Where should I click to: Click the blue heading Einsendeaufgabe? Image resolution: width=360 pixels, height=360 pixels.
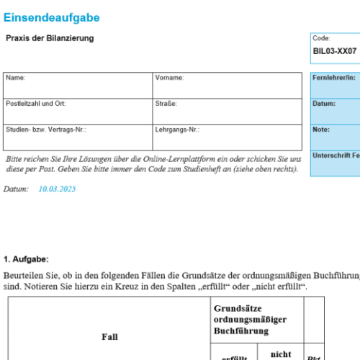52,17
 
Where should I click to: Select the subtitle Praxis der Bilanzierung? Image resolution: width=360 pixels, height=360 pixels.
50,37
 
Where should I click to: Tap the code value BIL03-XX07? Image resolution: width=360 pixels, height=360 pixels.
335,52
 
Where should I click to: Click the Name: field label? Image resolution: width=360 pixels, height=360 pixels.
15,77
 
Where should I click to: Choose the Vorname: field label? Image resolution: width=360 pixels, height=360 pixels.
169,77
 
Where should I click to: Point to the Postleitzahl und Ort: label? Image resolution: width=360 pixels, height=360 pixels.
35,104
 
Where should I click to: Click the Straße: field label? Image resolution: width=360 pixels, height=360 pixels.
166,104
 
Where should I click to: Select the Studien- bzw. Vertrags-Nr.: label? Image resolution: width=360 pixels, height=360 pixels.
46,130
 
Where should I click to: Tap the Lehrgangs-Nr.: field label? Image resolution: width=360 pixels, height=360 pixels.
177,130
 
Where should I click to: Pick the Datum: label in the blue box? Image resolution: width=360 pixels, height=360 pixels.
324,103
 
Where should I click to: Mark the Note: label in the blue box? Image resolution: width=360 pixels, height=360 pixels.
321,130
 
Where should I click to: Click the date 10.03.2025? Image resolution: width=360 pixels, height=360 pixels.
57,189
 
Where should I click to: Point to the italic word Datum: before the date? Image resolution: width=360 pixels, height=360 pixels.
16,189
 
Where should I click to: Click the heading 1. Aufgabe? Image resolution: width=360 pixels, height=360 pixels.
26,258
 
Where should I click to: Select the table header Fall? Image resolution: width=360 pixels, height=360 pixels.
109,336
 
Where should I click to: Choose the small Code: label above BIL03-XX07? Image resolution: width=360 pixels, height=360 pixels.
321,38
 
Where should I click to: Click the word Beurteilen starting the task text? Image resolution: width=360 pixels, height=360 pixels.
22,275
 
